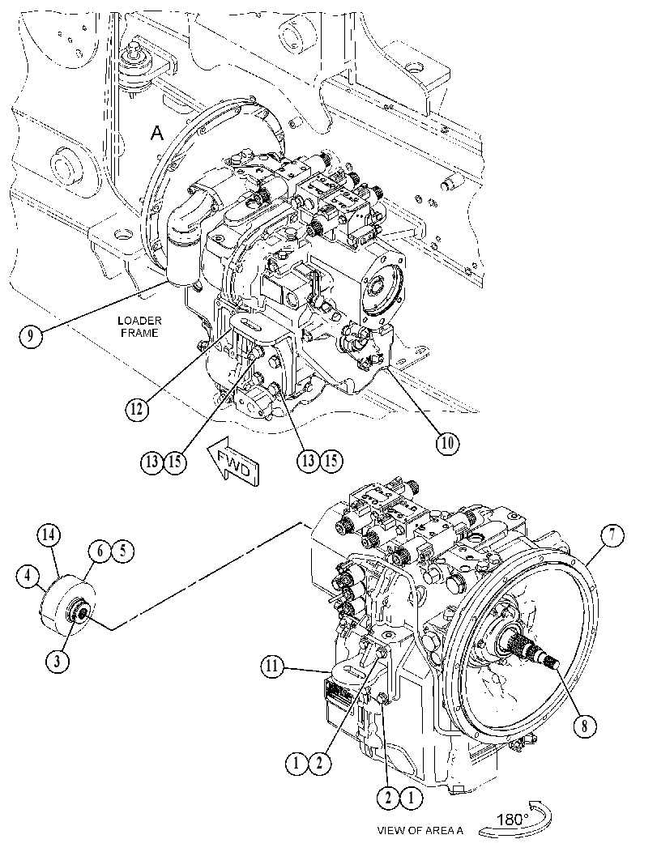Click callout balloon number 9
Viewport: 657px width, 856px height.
(31, 335)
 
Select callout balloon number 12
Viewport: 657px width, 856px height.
(137, 407)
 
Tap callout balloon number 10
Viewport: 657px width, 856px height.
(447, 443)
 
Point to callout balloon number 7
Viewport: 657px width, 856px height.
(612, 535)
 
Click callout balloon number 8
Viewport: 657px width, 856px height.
(584, 726)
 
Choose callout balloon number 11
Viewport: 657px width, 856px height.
(272, 666)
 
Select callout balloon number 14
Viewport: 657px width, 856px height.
(49, 535)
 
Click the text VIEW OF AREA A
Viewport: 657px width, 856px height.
(420, 830)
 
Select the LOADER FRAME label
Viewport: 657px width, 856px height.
(139, 326)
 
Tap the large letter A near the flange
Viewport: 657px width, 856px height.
(157, 133)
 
